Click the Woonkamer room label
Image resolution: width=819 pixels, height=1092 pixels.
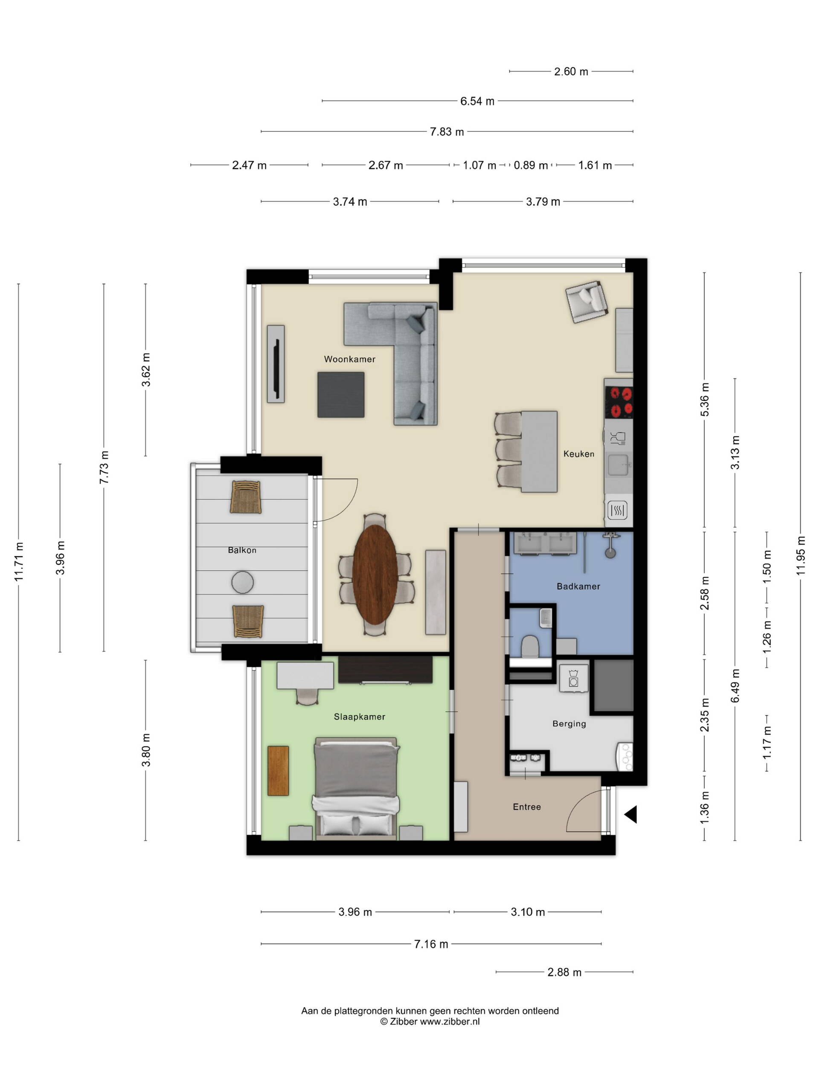(x=349, y=359)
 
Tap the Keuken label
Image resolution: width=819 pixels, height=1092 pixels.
(x=578, y=454)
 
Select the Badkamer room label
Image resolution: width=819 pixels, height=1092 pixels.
(x=578, y=587)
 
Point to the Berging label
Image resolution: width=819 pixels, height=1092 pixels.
(x=569, y=724)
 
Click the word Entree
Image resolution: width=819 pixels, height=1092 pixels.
(x=527, y=807)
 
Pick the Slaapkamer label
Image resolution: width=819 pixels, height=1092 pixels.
(x=360, y=717)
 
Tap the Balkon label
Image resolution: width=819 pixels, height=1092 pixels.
(x=242, y=550)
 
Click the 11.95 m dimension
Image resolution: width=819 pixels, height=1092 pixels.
(x=800, y=555)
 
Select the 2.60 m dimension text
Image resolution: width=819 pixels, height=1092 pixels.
(x=571, y=72)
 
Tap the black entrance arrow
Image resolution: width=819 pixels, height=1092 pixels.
(x=631, y=814)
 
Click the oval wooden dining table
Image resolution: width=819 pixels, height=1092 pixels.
(x=375, y=574)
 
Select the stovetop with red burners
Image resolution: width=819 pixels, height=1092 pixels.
(x=619, y=402)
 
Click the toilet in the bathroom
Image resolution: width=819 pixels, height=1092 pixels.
(x=530, y=646)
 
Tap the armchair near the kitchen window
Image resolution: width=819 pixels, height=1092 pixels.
(x=586, y=302)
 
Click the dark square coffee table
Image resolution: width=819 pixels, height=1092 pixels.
(x=341, y=395)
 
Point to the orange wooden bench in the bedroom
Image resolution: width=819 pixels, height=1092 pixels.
(x=278, y=771)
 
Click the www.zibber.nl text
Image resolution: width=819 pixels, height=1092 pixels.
(x=450, y=1022)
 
